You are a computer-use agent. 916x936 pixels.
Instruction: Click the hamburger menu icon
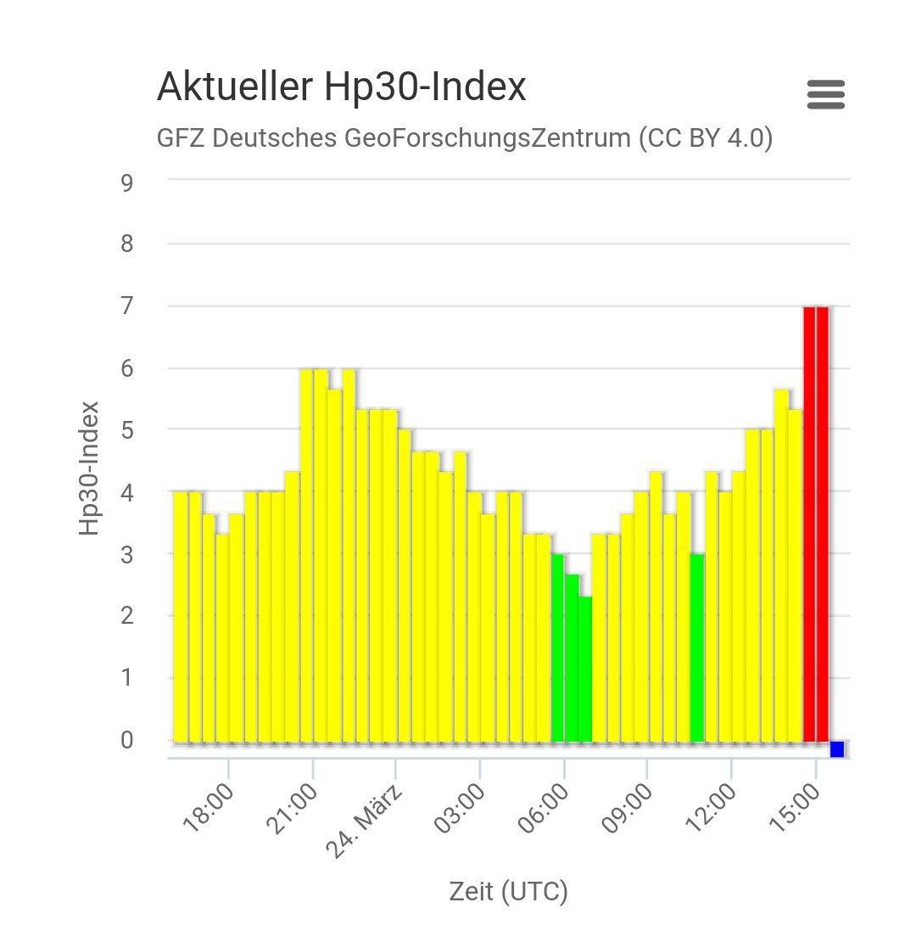(x=825, y=94)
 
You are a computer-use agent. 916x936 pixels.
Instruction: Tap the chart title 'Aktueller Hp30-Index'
(x=341, y=87)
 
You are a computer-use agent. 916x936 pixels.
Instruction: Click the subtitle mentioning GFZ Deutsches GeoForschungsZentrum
(x=464, y=137)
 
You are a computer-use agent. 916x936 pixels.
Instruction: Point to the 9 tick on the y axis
(x=126, y=182)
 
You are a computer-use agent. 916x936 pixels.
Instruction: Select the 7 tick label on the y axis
(x=126, y=305)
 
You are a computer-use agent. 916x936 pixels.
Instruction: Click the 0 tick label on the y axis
(x=126, y=740)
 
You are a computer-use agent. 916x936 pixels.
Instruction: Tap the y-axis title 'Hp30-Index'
(x=89, y=468)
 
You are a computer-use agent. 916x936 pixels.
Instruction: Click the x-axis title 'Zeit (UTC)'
(x=508, y=891)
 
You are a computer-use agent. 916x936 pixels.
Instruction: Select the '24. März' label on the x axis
(x=365, y=821)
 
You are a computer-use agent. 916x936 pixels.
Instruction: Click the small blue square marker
(x=837, y=748)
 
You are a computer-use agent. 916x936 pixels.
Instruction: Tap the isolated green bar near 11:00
(x=697, y=647)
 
